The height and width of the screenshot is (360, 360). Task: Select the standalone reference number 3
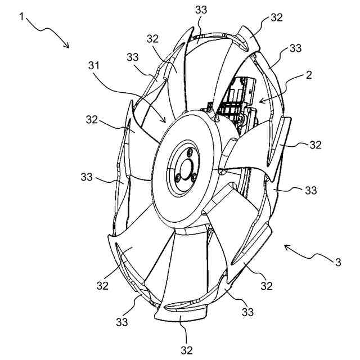337,261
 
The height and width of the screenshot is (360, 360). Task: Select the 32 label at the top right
276,17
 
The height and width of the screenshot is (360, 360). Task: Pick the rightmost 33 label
310,191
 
